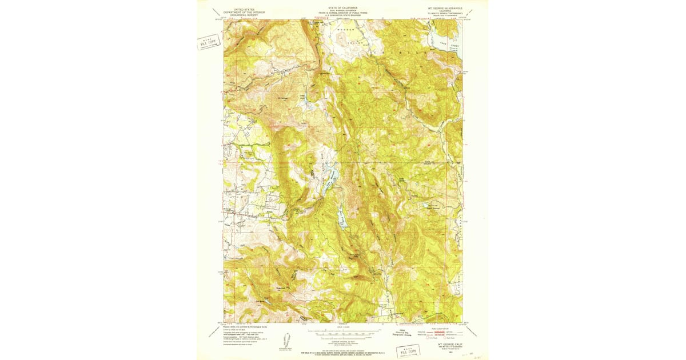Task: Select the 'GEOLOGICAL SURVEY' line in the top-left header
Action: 241,16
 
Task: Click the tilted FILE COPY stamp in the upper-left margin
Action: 209,42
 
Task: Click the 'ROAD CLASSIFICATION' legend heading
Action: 448,327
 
